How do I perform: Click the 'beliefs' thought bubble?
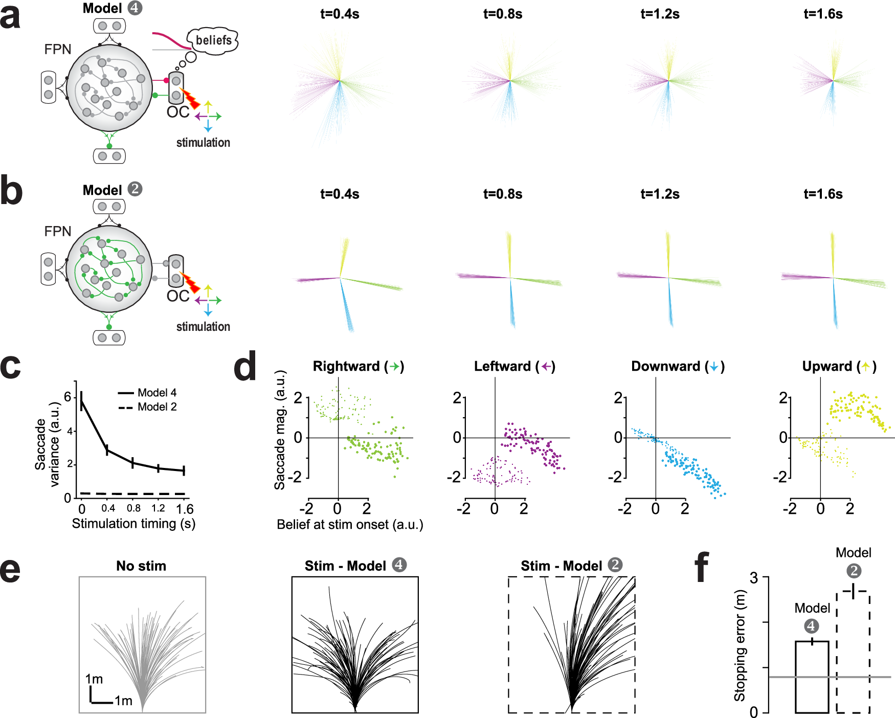point(213,40)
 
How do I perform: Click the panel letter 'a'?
point(10,16)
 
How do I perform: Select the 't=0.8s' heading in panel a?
point(502,14)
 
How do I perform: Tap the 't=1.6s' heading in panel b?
point(822,194)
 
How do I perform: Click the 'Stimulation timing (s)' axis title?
point(133,524)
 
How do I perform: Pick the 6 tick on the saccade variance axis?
point(68,397)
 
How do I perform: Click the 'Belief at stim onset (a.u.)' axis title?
point(350,525)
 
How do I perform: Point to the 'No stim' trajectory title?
point(141,566)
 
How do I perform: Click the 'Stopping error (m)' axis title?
point(740,645)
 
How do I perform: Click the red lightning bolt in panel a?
point(190,98)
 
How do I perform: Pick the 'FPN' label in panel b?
point(57,231)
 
